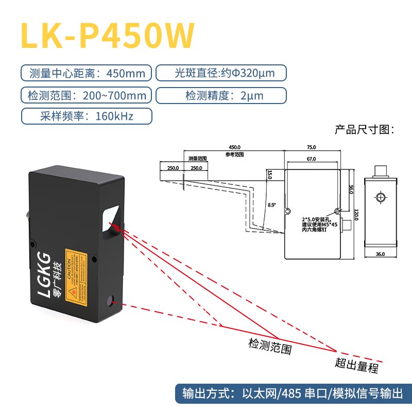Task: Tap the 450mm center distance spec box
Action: coord(87,73)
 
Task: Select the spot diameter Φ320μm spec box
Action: coord(220,73)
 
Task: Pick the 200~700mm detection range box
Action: coord(87,95)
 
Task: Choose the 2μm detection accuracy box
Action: coord(220,95)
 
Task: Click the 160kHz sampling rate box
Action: coord(87,116)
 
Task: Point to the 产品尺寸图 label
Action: coord(364,129)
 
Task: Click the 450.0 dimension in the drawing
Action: coord(234,147)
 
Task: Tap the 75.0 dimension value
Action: coord(312,147)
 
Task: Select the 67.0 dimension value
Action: coord(311,160)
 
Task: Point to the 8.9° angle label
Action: coord(272,204)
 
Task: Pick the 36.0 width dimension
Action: coord(380,254)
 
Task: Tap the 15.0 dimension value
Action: coord(269,175)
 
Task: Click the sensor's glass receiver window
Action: coord(112,219)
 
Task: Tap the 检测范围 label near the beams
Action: coord(270,346)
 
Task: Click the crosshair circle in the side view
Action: coord(380,198)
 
